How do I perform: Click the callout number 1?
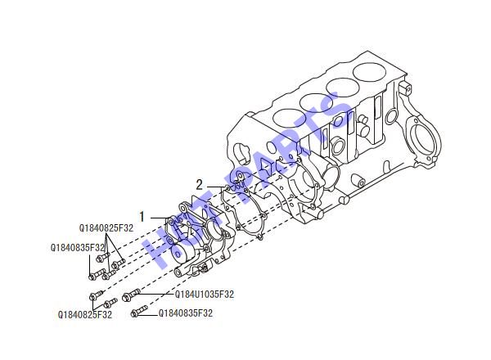point(142,217)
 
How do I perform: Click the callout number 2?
point(200,186)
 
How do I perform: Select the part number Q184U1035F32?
point(204,295)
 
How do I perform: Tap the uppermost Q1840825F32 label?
point(106,228)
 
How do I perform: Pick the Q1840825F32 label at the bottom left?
point(85,314)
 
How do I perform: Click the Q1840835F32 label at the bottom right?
point(186,313)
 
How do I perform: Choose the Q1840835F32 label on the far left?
point(78,248)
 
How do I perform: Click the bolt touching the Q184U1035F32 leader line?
point(130,295)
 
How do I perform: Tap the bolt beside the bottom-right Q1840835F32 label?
point(139,310)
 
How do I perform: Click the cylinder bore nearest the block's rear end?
point(369,72)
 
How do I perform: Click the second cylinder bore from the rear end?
point(343,88)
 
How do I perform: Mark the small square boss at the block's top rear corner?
point(405,88)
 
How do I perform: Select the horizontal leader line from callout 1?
point(160,218)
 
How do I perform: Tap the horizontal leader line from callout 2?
point(215,187)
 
